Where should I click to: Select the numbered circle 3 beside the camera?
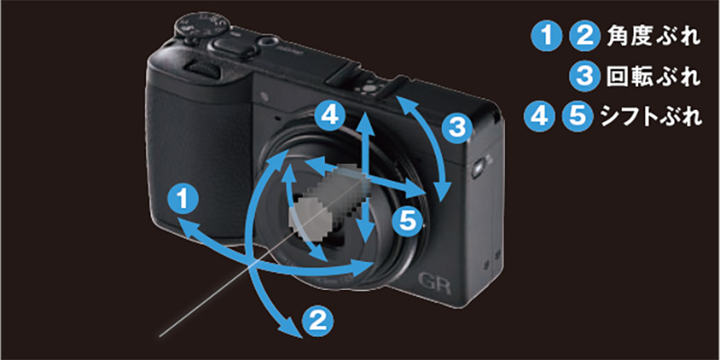[x=457, y=129]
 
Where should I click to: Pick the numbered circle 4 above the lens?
[x=329, y=117]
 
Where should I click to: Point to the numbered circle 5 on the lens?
[x=408, y=220]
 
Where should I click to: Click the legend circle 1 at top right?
[x=546, y=37]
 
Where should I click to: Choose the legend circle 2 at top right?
[x=584, y=37]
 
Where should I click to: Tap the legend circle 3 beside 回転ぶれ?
[x=584, y=76]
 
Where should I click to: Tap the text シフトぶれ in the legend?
[x=652, y=117]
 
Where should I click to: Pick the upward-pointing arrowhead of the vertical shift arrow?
[x=364, y=119]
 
